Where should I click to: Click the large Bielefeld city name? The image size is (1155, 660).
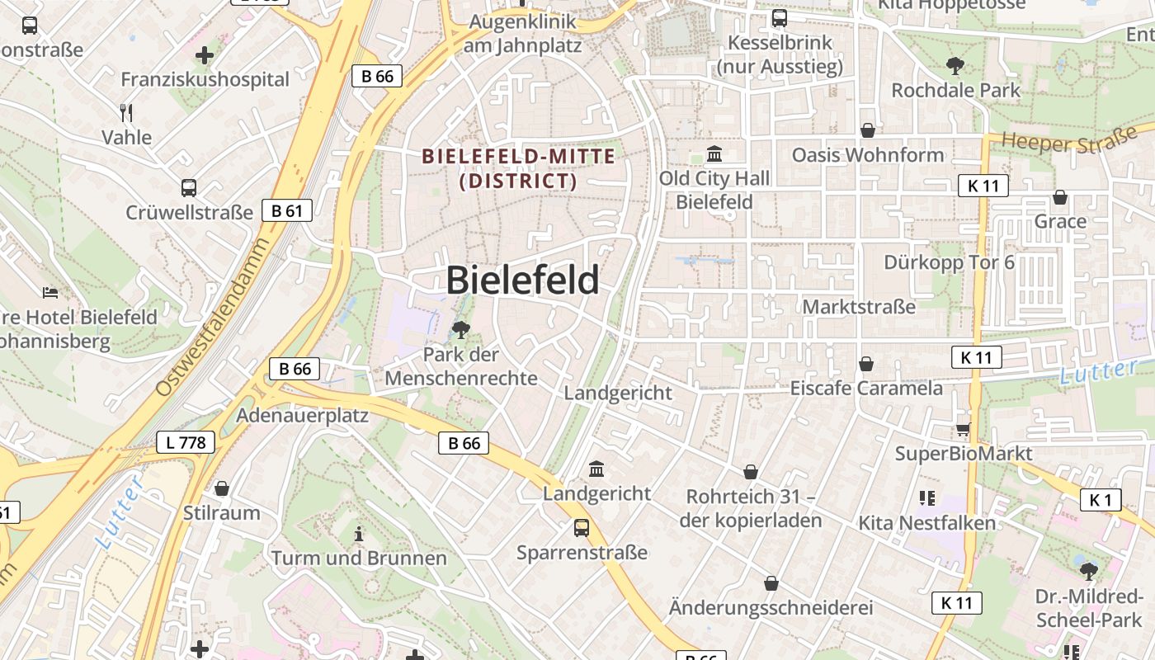522,280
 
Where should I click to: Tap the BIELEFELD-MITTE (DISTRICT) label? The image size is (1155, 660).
518,168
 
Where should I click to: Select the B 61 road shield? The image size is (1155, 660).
286,210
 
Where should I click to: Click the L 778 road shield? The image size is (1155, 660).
186,442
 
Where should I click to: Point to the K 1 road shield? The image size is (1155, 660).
1101,499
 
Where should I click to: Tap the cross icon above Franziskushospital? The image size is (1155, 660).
205,56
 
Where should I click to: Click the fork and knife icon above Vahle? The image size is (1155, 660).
126,112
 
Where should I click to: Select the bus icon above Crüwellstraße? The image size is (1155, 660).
189,188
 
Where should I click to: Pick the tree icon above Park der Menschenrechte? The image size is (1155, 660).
460,331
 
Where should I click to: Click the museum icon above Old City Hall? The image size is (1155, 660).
714,154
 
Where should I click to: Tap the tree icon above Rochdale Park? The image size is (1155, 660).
955,66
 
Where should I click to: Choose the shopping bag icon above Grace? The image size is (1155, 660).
1060,197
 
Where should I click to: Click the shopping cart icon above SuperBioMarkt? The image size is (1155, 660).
963,429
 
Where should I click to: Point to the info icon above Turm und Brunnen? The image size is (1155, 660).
358,534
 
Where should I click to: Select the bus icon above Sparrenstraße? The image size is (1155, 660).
582,528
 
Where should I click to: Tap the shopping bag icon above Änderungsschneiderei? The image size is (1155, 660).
771,583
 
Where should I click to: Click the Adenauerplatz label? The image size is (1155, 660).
302,415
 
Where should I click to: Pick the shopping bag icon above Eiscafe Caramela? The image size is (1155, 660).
866,364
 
